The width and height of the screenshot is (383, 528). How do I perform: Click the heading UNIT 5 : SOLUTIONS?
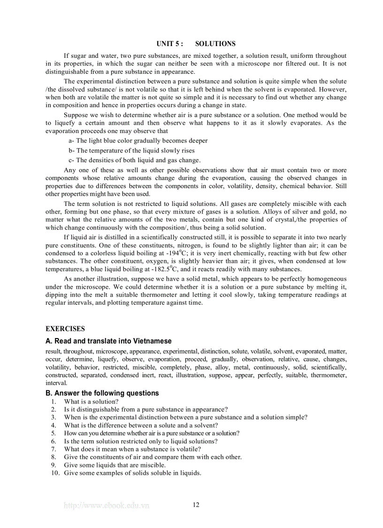[x=196, y=44]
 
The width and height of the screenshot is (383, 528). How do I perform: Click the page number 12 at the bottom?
[x=196, y=505]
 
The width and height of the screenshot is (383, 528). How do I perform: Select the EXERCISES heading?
[x=65, y=329]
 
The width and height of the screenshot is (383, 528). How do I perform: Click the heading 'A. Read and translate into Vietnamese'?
[x=108, y=341]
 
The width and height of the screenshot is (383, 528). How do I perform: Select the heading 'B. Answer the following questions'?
[x=102, y=393]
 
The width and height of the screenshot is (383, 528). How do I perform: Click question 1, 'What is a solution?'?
[x=91, y=402]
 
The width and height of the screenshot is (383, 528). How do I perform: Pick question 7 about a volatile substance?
[x=132, y=449]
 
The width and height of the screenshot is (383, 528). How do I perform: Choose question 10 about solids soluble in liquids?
[x=132, y=473]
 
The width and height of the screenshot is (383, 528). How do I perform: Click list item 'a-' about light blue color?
[x=138, y=141]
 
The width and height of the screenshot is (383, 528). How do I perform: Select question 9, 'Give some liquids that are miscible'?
[x=115, y=465]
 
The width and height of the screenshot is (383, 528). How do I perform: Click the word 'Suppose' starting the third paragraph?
[x=76, y=115]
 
